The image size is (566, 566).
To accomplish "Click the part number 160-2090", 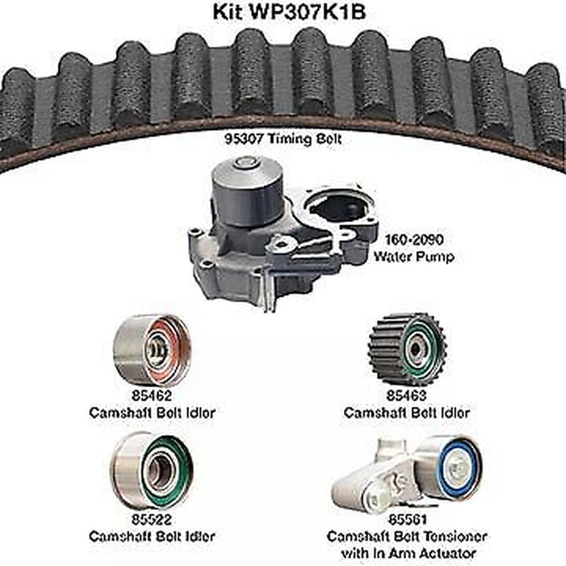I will (415, 241).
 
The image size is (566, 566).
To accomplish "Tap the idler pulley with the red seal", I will (151, 350).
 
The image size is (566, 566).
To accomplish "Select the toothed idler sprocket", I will (408, 350).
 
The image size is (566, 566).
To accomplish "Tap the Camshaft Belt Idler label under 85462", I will (151, 412).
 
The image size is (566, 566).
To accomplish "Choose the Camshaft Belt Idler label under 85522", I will (151, 537).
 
